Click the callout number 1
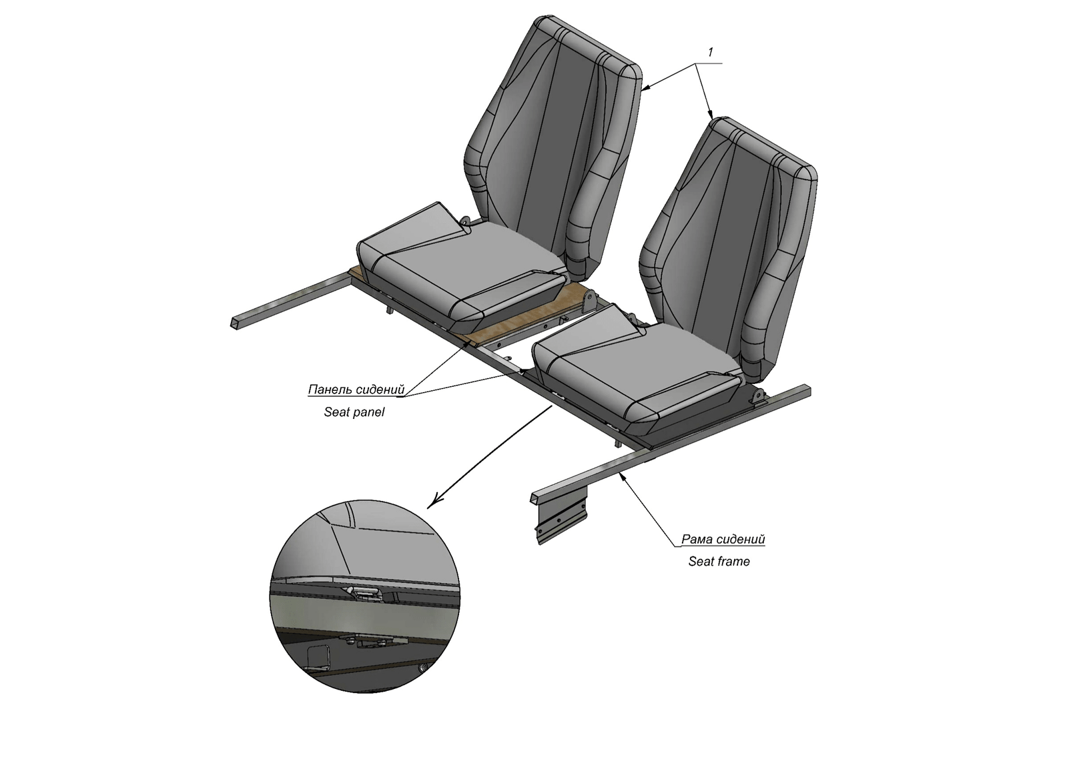tap(711, 52)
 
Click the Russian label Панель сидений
tap(356, 390)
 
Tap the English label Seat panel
tap(354, 412)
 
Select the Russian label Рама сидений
tap(723, 539)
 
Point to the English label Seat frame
tap(719, 561)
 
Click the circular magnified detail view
tap(364, 596)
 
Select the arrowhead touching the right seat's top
tap(709, 113)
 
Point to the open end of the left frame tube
tap(235, 322)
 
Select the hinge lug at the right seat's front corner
tap(758, 398)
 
